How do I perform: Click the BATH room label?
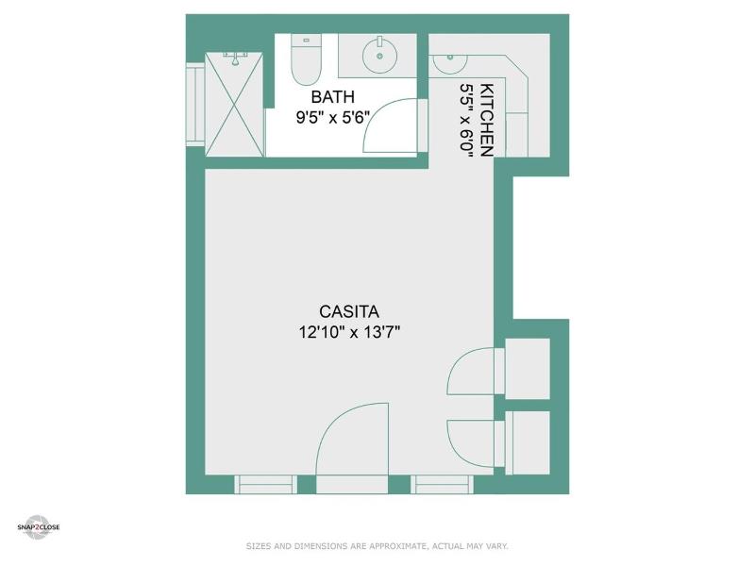(x=333, y=97)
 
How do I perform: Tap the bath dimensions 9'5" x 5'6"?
(x=332, y=117)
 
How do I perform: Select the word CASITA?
(x=349, y=311)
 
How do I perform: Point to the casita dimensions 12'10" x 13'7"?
(x=349, y=332)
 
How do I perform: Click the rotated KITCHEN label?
(x=487, y=121)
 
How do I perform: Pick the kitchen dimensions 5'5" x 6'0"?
(x=467, y=121)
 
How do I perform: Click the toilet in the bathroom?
(x=306, y=59)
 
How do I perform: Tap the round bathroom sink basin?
(x=380, y=57)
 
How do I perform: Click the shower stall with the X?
(x=234, y=105)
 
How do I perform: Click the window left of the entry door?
(x=266, y=485)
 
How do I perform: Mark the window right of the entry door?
(x=442, y=485)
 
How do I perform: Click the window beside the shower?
(x=195, y=104)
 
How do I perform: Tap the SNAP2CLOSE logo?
(x=39, y=527)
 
